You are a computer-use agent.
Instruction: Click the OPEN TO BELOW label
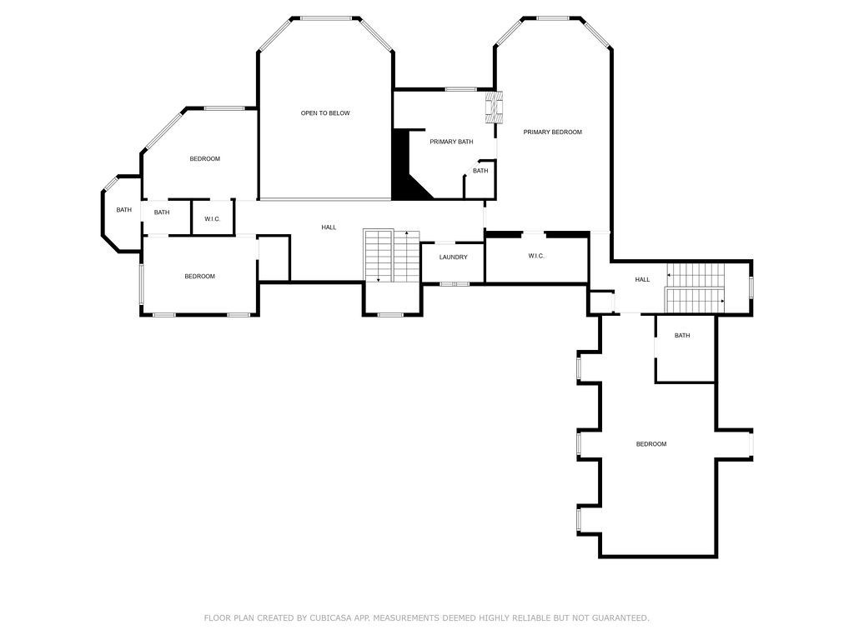coord(325,113)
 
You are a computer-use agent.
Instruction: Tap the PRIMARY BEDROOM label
coord(552,132)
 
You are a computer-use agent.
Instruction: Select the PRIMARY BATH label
coord(451,142)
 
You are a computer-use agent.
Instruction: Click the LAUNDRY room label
coord(453,257)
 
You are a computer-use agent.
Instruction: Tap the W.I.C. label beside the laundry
coord(535,257)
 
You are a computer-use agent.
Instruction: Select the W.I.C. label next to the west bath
coord(212,219)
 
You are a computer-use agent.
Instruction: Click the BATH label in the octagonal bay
coord(123,210)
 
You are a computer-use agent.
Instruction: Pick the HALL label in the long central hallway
coord(329,227)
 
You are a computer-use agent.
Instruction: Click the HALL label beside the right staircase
coord(642,280)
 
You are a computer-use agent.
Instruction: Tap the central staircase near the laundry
coord(392,256)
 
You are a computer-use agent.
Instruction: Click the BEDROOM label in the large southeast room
coord(651,444)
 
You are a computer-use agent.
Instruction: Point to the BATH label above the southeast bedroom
coord(682,336)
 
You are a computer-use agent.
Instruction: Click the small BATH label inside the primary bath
coord(480,171)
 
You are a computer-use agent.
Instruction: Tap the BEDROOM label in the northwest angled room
coord(204,159)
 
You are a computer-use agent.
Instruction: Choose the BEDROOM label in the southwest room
coord(199,277)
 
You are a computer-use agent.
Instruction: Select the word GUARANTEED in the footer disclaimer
coord(620,618)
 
